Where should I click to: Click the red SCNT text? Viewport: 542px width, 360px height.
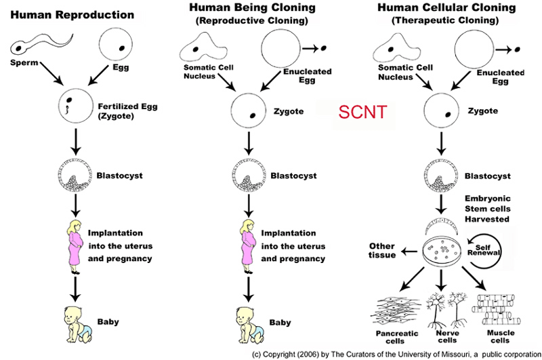362,112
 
